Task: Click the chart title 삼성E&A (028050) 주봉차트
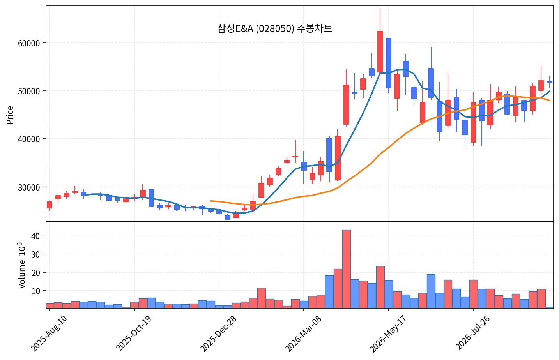pos(275,28)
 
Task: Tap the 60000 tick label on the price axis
pos(29,43)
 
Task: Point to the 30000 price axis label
pos(29,187)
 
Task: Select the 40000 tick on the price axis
pos(29,139)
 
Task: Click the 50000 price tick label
pos(29,91)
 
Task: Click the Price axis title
pos(10,115)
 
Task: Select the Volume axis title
pos(22,265)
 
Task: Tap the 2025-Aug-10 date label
pos(49,334)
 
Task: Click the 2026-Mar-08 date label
pos(303,334)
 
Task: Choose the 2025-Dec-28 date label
pos(219,334)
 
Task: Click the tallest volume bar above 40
pos(347,269)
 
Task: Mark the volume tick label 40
pos(36,236)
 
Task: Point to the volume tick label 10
pos(36,291)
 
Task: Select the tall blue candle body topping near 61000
pos(389,63)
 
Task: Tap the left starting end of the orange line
pos(211,201)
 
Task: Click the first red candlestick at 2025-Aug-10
pos(50,205)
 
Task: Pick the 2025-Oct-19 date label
pos(134,334)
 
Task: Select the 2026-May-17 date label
pos(388,334)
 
